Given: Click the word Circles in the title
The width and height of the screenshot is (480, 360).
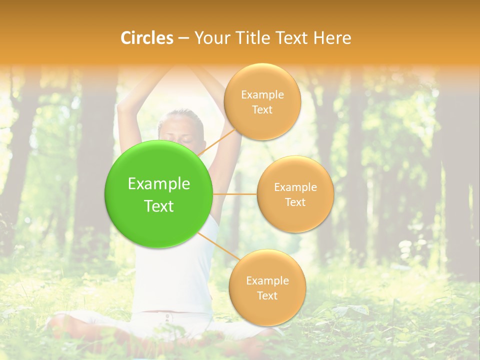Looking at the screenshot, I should coord(147,38).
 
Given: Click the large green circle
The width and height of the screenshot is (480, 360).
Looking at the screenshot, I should coord(159,194).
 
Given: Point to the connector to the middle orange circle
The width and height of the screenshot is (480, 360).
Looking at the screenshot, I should coord(234,194).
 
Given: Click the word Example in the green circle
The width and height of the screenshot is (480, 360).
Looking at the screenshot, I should coord(159,184).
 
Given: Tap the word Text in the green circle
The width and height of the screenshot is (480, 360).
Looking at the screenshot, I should coord(159,206).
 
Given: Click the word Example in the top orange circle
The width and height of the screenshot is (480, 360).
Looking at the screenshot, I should coord(262,95).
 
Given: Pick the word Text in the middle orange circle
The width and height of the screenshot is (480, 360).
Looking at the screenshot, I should coord(295,202).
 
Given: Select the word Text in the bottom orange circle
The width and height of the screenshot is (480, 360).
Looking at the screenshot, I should coord(267,295).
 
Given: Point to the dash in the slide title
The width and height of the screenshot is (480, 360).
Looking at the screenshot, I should coord(183,38).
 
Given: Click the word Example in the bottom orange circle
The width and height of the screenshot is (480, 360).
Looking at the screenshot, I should coord(267,280).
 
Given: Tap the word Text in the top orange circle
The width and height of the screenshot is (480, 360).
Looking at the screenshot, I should coord(262,109).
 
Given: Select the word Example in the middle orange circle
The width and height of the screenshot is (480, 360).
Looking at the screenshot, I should coord(295,187).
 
